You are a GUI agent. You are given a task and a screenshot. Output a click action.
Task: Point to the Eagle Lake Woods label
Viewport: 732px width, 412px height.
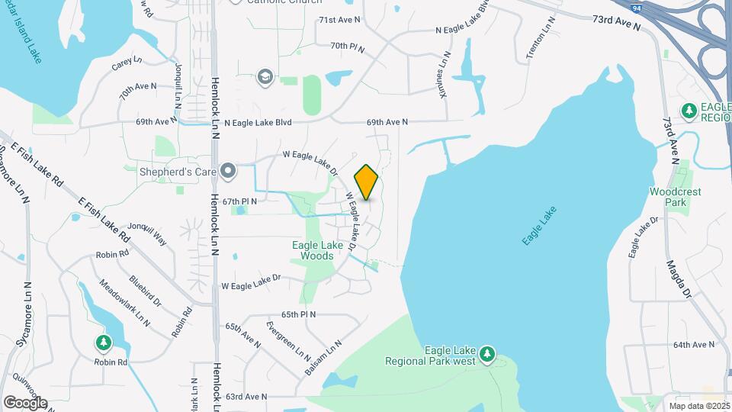(313, 250)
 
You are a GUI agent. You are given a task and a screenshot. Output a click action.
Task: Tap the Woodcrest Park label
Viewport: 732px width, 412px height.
(675, 197)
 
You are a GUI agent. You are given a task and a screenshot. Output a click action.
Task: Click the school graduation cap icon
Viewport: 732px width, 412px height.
(265, 76)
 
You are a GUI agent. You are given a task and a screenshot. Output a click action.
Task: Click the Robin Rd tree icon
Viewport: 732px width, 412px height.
(104, 343)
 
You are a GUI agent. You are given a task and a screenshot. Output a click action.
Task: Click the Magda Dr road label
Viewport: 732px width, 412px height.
(679, 280)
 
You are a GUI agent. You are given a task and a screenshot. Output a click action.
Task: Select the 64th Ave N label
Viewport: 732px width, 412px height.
(694, 345)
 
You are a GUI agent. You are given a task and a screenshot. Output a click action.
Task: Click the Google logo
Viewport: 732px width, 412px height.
(25, 402)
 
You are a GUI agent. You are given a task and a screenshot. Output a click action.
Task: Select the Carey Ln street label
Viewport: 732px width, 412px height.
(127, 64)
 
